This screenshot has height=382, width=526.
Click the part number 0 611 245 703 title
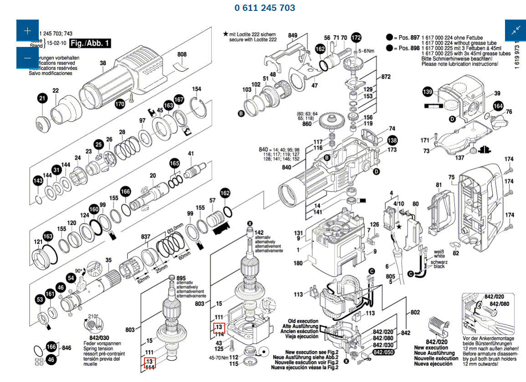point(265,8)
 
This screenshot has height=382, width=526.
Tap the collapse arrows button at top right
point(516,31)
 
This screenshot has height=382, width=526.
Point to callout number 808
point(182,55)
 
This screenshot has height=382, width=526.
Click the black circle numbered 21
point(42,98)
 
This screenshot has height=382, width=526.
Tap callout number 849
point(293,36)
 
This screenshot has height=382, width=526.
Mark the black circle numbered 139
point(428,93)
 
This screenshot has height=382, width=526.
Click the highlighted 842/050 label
point(383,352)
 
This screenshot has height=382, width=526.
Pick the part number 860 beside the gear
point(307,124)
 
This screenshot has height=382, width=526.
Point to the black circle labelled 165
point(175,163)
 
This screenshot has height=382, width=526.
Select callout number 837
point(145,237)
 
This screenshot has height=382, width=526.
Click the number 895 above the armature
point(181,279)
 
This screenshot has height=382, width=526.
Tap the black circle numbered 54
point(71,278)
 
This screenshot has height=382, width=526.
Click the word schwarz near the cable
point(440,263)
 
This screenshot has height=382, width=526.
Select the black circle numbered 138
point(392,140)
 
